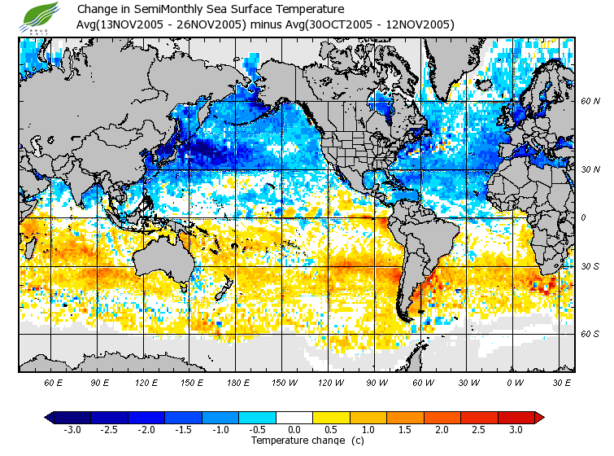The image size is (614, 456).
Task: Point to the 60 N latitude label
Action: click(x=590, y=101)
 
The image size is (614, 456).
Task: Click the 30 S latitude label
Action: click(x=590, y=267)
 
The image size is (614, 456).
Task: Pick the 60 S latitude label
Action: click(x=590, y=334)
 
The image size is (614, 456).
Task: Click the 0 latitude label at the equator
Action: click(x=583, y=217)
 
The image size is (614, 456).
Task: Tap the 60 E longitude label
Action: click(x=54, y=382)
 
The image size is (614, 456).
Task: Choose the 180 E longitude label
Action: click(x=237, y=382)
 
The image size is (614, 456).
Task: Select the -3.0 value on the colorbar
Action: click(x=72, y=430)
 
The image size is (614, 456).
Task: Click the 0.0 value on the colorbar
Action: click(x=294, y=430)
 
